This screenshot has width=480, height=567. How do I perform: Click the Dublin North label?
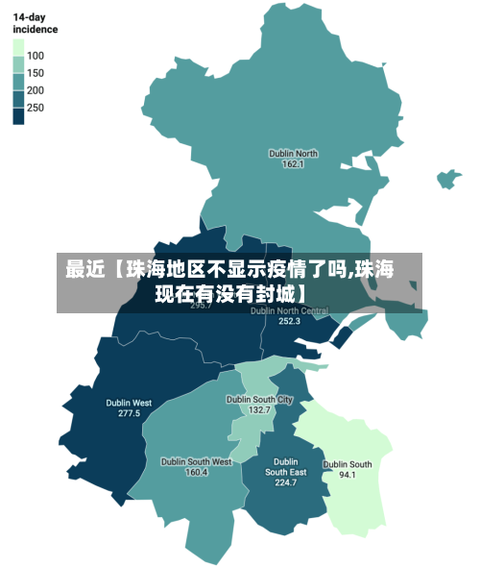[x=293, y=153]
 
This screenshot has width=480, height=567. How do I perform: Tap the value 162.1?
[x=293, y=164]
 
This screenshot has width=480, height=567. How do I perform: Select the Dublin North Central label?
[x=290, y=310]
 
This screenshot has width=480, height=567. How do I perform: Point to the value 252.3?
[x=290, y=322]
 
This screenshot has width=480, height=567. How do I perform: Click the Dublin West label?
[x=129, y=403]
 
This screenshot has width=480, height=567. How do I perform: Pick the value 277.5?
[x=129, y=413]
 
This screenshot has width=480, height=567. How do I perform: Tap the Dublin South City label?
[x=259, y=399]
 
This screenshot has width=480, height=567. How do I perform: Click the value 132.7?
[x=259, y=410]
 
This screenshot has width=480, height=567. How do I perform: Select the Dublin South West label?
[x=196, y=461]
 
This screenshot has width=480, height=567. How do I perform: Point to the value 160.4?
[x=196, y=472]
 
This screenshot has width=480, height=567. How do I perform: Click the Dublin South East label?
[x=286, y=467]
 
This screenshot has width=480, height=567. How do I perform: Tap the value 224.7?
[x=286, y=482]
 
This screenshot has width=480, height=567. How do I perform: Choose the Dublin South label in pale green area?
[x=348, y=464]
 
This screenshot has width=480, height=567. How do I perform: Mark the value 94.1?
[x=348, y=475]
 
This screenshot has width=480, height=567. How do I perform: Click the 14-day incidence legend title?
[x=35, y=23]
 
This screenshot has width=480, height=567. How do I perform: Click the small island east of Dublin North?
[x=448, y=179]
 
